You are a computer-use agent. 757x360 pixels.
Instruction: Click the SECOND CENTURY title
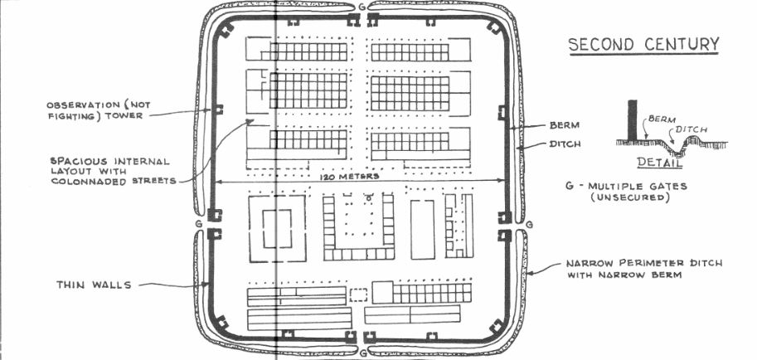(643, 43)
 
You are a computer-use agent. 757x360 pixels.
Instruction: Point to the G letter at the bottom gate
(362, 353)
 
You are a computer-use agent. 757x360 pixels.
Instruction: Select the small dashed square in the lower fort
(358, 294)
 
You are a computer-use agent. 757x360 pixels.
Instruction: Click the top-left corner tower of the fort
(226, 32)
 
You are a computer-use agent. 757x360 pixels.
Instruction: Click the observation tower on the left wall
(220, 109)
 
